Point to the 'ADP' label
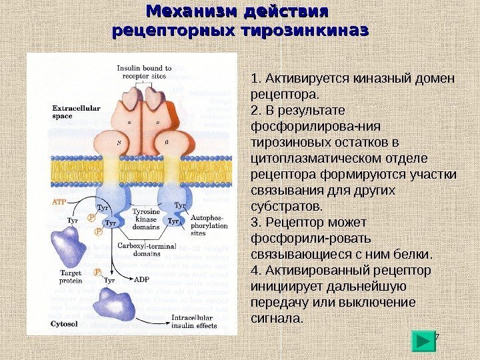point(141,280)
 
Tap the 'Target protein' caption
point(70,277)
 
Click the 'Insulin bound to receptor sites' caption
point(144,71)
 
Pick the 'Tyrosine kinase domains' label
point(146,219)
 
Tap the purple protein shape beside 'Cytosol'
point(111,307)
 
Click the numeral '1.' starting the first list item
point(255,79)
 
